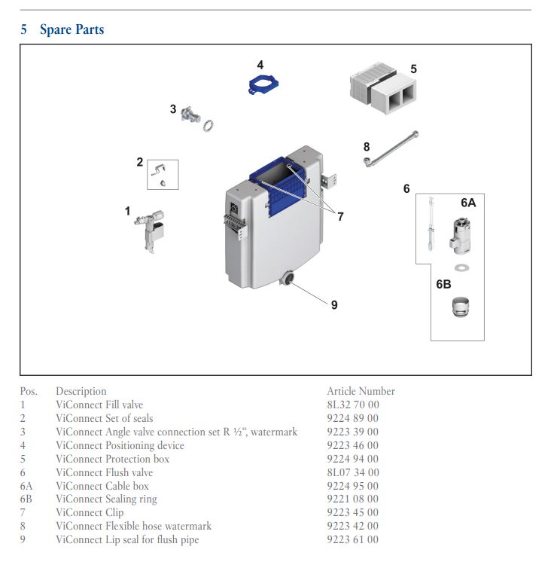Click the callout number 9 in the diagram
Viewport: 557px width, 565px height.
334,304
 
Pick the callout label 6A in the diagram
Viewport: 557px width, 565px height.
467,203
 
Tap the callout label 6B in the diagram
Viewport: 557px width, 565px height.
443,284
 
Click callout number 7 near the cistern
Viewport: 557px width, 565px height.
340,217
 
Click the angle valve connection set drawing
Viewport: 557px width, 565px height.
194,117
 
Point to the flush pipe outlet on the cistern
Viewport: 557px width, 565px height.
287,280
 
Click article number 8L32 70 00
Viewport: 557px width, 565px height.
352,405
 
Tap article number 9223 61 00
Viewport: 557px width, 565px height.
352,539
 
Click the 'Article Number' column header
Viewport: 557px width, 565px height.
361,391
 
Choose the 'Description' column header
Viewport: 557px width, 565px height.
81,391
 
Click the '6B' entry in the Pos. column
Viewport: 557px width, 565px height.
26,499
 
